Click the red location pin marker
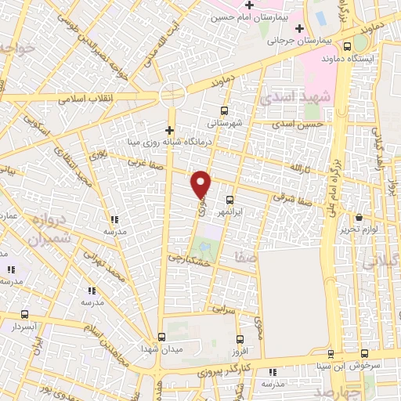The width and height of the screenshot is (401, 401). (x=201, y=184)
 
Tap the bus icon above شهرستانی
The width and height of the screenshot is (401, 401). (x=225, y=110)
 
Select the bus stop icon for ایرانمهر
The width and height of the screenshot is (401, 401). (x=229, y=200)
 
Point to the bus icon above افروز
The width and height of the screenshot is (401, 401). (x=241, y=339)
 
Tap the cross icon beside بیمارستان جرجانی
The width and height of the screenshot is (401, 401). (x=299, y=28)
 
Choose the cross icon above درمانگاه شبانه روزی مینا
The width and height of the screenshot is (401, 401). (x=169, y=129)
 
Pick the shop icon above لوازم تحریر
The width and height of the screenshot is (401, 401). (x=359, y=218)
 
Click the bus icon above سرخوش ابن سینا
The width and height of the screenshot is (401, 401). (x=331, y=354)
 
